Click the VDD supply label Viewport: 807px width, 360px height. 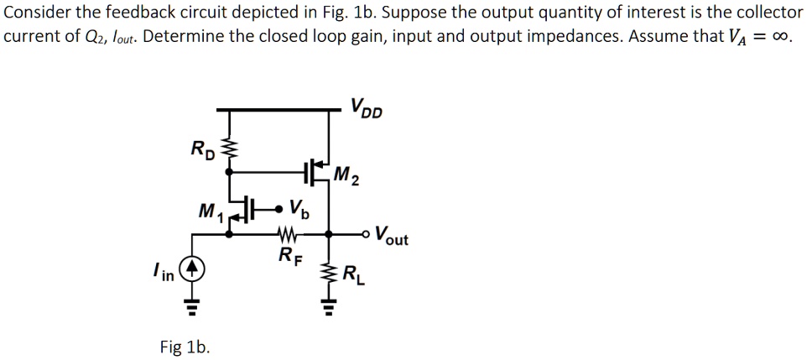(x=366, y=107)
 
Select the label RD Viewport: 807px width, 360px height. (x=202, y=151)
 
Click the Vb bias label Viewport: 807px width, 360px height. (x=298, y=208)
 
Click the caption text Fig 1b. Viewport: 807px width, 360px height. (x=185, y=346)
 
